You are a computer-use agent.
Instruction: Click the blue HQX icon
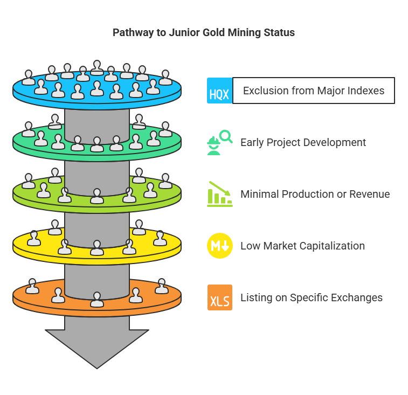click(x=219, y=91)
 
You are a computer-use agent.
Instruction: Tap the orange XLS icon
click(x=220, y=297)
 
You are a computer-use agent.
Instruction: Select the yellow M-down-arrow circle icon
click(x=220, y=246)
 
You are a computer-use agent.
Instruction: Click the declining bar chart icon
click(x=220, y=194)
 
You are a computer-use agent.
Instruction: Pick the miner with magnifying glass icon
click(x=220, y=142)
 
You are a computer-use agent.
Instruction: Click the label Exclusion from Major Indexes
click(x=314, y=91)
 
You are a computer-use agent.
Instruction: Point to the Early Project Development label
click(x=303, y=143)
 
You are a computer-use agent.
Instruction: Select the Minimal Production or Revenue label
click(x=315, y=194)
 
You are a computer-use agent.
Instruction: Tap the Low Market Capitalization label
click(x=302, y=246)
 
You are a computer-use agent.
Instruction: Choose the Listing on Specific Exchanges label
click(x=312, y=297)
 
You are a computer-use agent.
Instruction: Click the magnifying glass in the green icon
click(x=226, y=136)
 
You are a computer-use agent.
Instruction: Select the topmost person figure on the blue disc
click(x=97, y=68)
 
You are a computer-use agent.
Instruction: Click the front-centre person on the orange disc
click(x=97, y=299)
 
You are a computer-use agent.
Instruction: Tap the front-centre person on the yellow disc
click(x=97, y=247)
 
